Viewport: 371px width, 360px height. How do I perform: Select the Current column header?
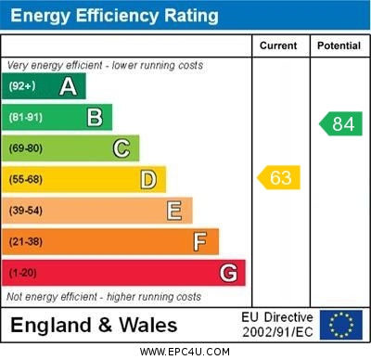coord(278,45)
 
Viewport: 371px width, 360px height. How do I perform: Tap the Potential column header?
coord(339,45)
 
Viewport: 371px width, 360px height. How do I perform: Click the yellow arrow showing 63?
coord(279,177)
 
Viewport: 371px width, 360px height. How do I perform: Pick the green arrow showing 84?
coord(340,123)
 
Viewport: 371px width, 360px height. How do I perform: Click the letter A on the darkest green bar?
coord(68,86)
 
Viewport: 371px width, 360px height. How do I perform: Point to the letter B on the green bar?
coord(95,117)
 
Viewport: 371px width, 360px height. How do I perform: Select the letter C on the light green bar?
coord(122,148)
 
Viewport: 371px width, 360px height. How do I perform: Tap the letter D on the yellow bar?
coord(148,179)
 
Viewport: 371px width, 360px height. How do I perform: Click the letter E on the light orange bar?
coord(174,211)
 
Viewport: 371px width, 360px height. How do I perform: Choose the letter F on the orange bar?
coord(200,242)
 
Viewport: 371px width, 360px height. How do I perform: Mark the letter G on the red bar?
coord(228,274)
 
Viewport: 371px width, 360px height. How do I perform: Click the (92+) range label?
coord(22,86)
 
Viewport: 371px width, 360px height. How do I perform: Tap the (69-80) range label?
coord(26,148)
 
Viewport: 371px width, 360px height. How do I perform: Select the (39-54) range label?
coord(26,211)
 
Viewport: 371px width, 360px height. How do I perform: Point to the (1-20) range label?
coord(23,274)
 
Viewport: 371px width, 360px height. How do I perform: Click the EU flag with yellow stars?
coord(341,324)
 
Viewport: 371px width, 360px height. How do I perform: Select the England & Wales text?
coord(94,325)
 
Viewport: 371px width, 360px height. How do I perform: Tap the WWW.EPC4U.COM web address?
coord(185,353)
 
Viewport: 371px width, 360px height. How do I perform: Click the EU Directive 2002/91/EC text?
coord(277,324)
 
